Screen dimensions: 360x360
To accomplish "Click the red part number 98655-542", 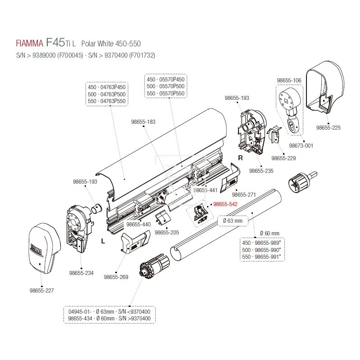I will pyautogui.click(x=225, y=204).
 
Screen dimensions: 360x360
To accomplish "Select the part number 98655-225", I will pyautogui.click(x=328, y=127).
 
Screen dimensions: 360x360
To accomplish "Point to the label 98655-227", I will pyautogui.click(x=41, y=290).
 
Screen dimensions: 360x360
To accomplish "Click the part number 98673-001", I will pyautogui.click(x=301, y=146).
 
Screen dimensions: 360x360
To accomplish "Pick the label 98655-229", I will pyautogui.click(x=283, y=158).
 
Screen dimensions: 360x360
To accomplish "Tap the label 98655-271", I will pyautogui.click(x=244, y=195).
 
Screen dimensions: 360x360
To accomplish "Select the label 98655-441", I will pyautogui.click(x=205, y=190).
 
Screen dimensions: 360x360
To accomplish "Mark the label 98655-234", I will pyautogui.click(x=81, y=273).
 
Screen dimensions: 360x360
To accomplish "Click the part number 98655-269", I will pyautogui.click(x=116, y=277).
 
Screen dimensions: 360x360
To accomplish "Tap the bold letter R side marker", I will pyautogui.click(x=240, y=158).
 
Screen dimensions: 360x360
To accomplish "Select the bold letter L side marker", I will pyautogui.click(x=103, y=241).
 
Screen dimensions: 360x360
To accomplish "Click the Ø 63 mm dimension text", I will pyautogui.click(x=233, y=221).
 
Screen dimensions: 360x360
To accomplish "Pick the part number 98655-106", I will pyautogui.click(x=289, y=80).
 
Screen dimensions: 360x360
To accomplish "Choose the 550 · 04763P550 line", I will pyautogui.click(x=107, y=101).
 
